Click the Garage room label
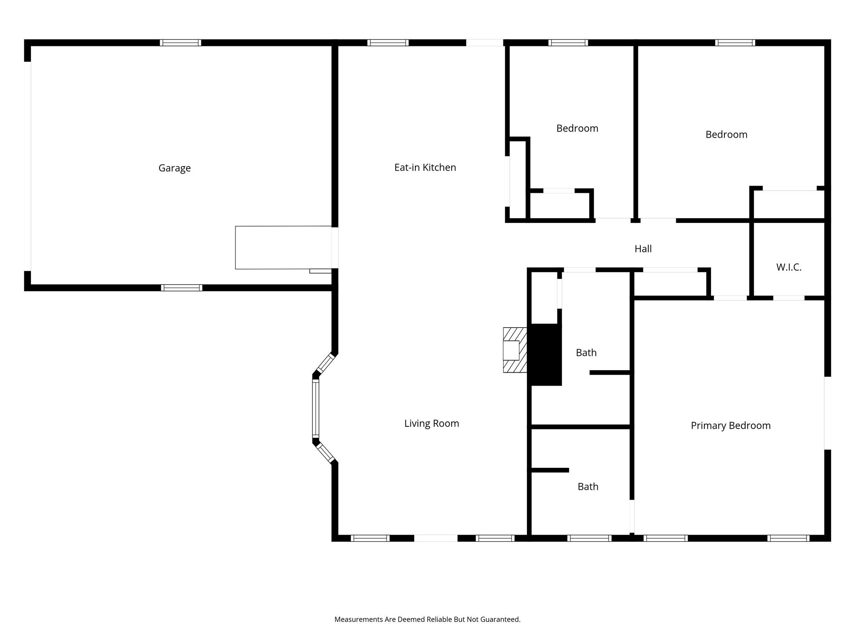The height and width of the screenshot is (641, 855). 175,168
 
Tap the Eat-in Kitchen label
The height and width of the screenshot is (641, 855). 425,167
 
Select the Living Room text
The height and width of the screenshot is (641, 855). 431,424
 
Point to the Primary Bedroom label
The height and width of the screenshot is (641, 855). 730,426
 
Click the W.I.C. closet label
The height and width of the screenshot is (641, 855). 789,268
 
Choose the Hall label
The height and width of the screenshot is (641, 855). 643,249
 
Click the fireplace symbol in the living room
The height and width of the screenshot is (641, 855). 514,350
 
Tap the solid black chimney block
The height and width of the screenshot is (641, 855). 545,355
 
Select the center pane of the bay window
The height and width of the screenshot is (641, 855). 316,408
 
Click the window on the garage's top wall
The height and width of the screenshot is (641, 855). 180,43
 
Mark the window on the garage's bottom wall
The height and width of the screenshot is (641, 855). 182,288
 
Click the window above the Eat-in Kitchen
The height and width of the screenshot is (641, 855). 388,43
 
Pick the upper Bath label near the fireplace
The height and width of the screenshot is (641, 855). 586,353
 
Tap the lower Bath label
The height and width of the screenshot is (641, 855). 588,487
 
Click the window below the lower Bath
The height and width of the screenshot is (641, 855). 589,538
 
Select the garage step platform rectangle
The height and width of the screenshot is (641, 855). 283,247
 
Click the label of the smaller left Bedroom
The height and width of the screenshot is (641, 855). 577,129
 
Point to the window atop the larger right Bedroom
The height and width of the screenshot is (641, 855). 735,43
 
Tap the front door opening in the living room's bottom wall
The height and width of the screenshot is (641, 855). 435,538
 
